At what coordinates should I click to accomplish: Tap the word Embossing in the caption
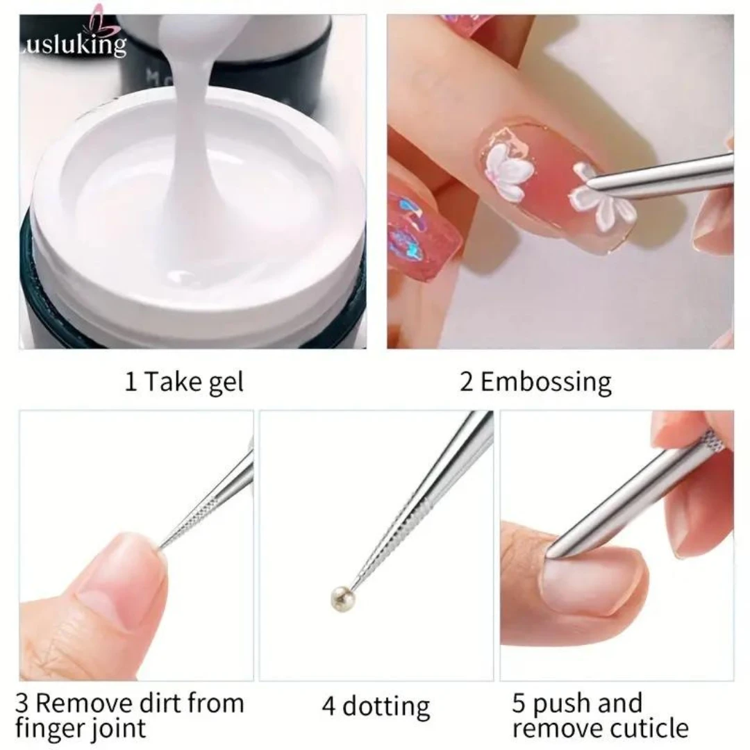(546, 382)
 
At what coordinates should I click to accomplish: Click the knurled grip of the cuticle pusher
(710, 440)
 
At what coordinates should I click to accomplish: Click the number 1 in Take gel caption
(131, 382)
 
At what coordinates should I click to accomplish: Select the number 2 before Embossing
(466, 382)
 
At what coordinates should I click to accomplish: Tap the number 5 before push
(519, 703)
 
